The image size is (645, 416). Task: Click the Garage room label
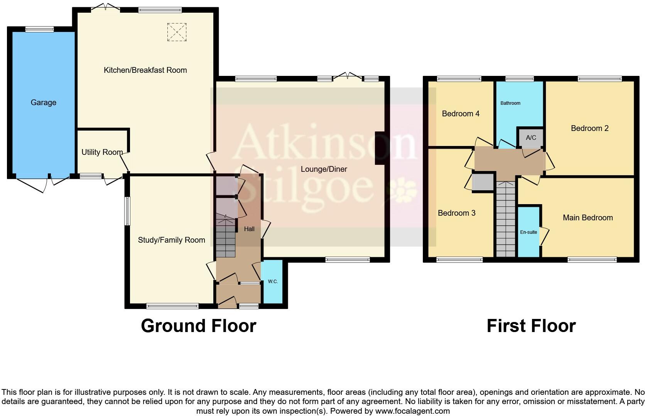[x=44, y=102]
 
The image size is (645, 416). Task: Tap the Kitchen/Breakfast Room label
[x=145, y=70]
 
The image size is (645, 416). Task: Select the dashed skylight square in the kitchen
[x=177, y=32]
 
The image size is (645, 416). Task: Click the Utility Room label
[x=102, y=152]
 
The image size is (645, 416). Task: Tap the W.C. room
[x=273, y=282]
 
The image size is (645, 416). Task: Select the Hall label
[x=249, y=229]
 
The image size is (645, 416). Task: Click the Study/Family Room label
[x=171, y=240]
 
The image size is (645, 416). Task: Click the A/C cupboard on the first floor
[x=531, y=138]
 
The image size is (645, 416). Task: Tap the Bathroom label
[x=510, y=103]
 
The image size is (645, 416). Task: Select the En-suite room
[x=528, y=232]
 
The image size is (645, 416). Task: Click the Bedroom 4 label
[x=461, y=114]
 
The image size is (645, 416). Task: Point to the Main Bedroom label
[x=588, y=218]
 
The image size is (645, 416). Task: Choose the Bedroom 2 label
[x=589, y=128]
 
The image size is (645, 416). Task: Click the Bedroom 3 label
[x=456, y=213]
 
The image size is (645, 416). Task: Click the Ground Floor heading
[x=198, y=326]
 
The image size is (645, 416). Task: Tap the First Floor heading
[x=531, y=326]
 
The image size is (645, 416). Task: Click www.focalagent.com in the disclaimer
[x=412, y=411]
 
